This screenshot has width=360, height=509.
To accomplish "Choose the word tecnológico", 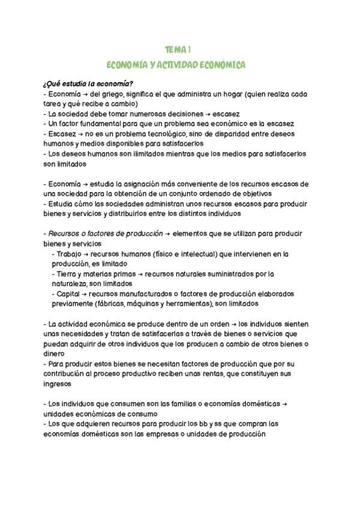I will point(172,133).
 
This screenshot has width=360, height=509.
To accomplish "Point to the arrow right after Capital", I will point(83,294).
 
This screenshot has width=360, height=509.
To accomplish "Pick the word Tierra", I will point(68,274).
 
